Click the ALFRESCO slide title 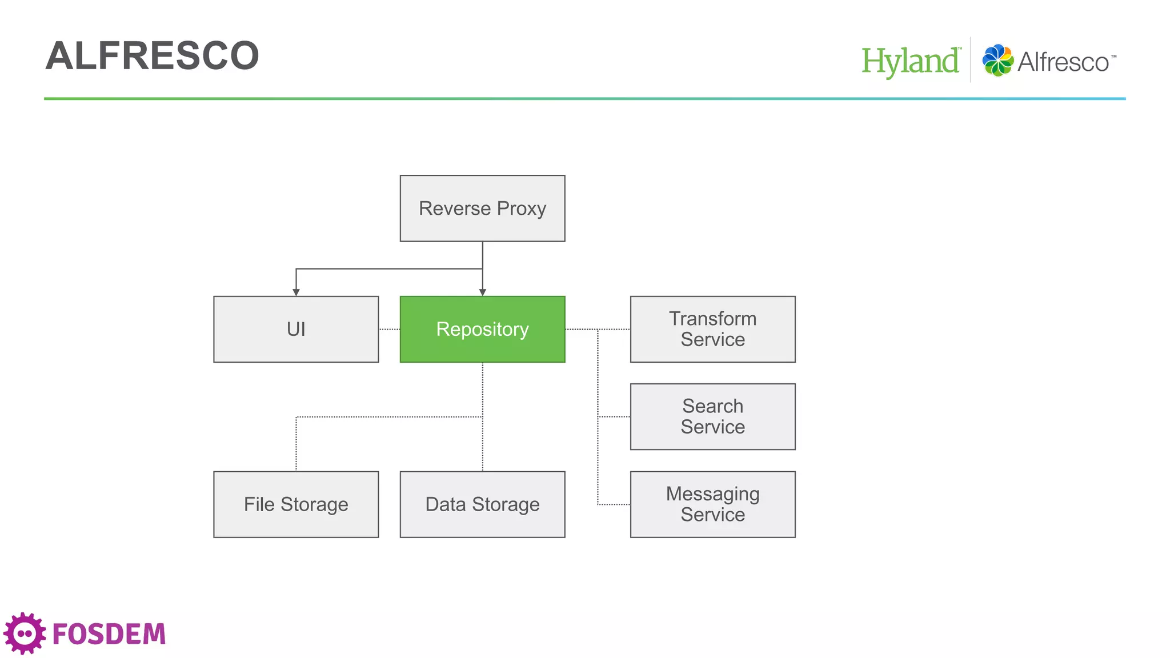click(x=152, y=56)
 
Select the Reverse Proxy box click(x=482, y=208)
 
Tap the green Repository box click(x=482, y=329)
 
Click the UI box click(x=296, y=329)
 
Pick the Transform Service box click(x=712, y=329)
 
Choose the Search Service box click(x=712, y=416)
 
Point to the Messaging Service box click(x=712, y=504)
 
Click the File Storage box click(x=296, y=504)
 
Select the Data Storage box click(x=482, y=504)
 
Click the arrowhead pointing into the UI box click(x=296, y=292)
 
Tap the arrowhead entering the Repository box click(x=482, y=292)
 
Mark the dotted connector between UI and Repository click(x=389, y=329)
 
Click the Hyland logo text click(x=910, y=61)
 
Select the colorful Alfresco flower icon click(x=997, y=60)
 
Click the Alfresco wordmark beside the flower click(x=1064, y=62)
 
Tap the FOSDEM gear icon click(x=25, y=633)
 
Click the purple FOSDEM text click(x=109, y=634)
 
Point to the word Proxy click(x=521, y=209)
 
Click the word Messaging click(x=712, y=493)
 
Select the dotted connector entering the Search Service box click(x=614, y=416)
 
